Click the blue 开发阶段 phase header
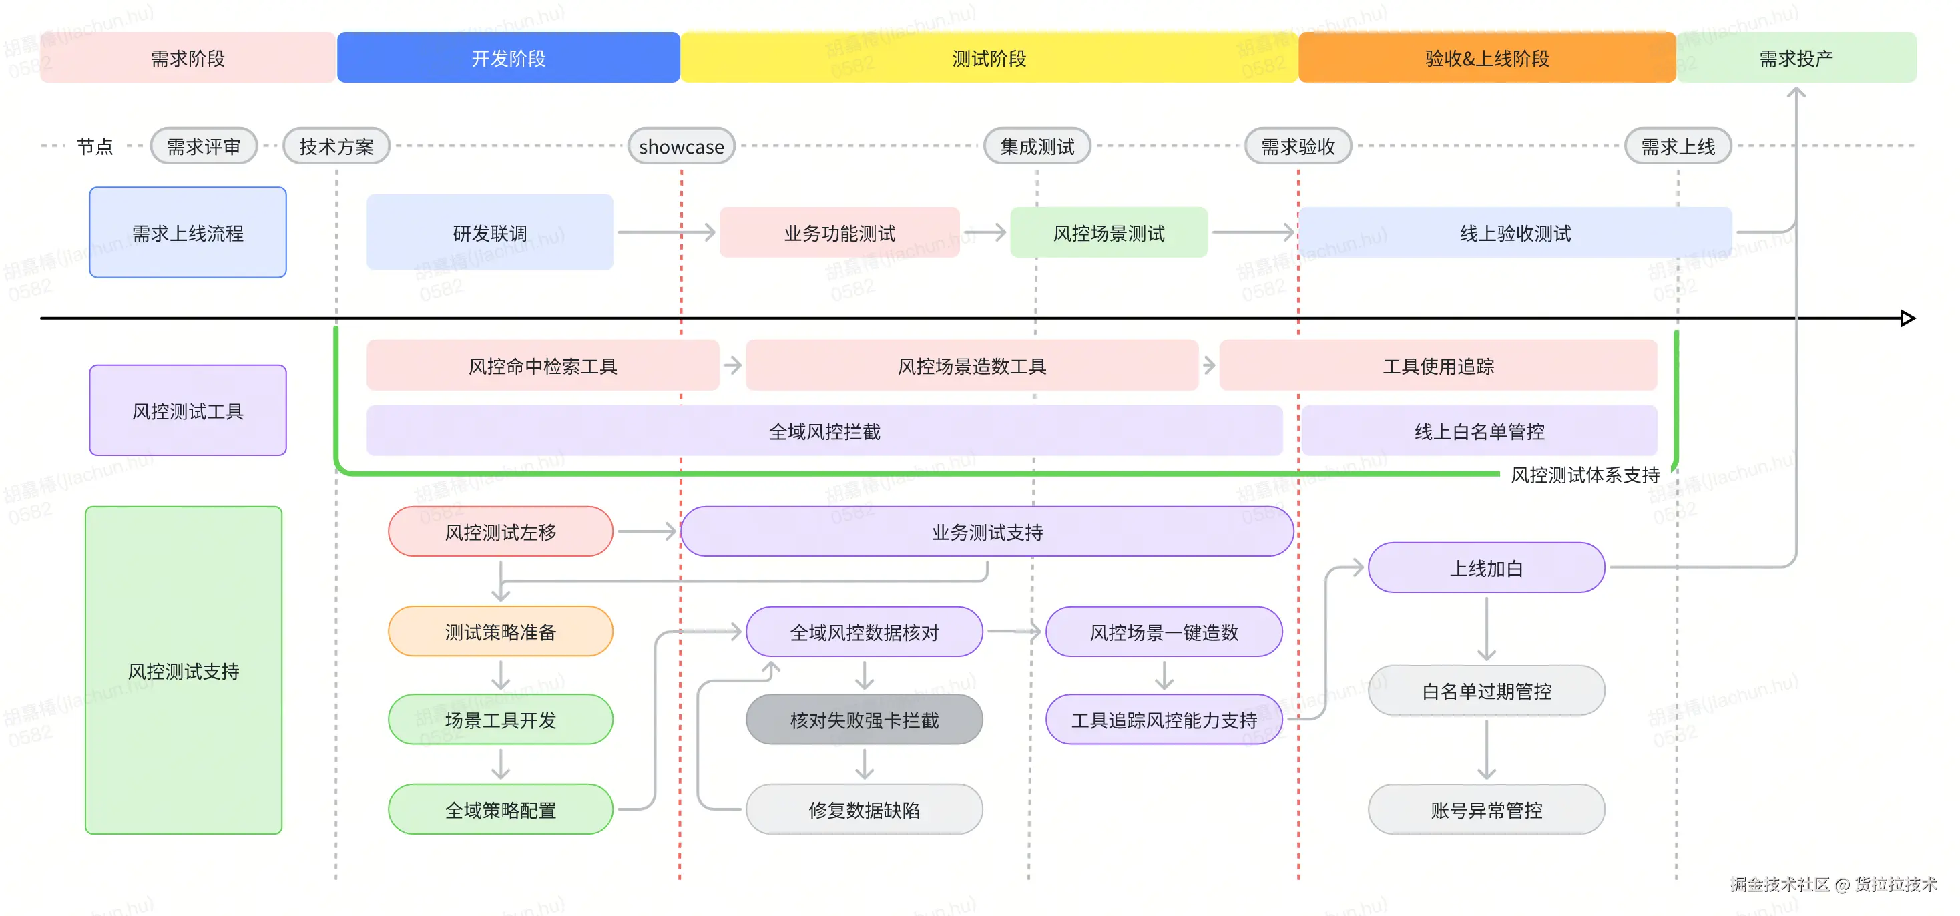point(508,58)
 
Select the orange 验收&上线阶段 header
point(1486,58)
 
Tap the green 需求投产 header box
point(1796,58)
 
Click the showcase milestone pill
point(681,146)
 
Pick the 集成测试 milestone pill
point(1036,146)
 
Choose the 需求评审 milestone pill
point(203,146)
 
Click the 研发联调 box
point(489,233)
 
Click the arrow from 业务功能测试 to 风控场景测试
point(985,232)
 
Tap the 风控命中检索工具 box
point(542,366)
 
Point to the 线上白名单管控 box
point(1479,431)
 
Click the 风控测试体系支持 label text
point(1584,475)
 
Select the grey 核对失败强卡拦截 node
point(864,720)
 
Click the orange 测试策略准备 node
point(500,632)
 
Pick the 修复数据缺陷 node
point(864,809)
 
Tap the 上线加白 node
point(1485,567)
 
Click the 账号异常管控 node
point(1485,809)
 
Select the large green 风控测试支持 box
point(184,670)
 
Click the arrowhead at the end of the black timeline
point(1907,318)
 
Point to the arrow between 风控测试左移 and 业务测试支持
point(647,531)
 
